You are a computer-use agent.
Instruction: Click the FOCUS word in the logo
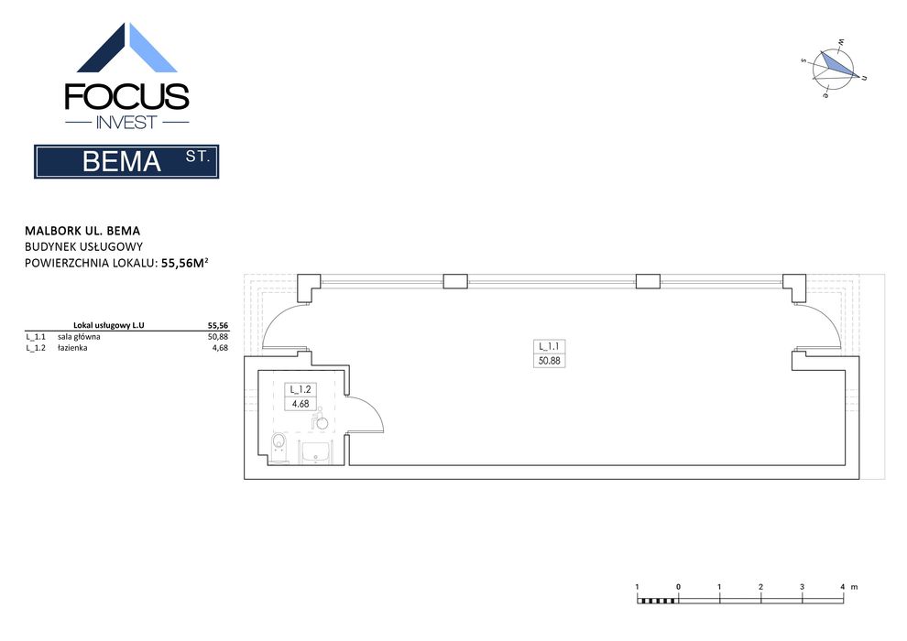pyautogui.click(x=126, y=96)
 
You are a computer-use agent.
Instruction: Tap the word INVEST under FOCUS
pyautogui.click(x=126, y=123)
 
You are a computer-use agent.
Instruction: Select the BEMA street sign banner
pyautogui.click(x=126, y=161)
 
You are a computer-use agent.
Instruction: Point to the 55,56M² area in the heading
pyautogui.click(x=184, y=263)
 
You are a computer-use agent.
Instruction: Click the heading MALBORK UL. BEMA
pyautogui.click(x=82, y=231)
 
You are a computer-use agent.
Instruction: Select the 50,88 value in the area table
pyautogui.click(x=218, y=336)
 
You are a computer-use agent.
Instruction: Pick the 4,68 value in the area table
pyautogui.click(x=221, y=348)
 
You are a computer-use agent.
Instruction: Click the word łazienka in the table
pyautogui.click(x=72, y=348)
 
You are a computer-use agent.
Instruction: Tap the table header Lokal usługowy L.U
pyautogui.click(x=109, y=325)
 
